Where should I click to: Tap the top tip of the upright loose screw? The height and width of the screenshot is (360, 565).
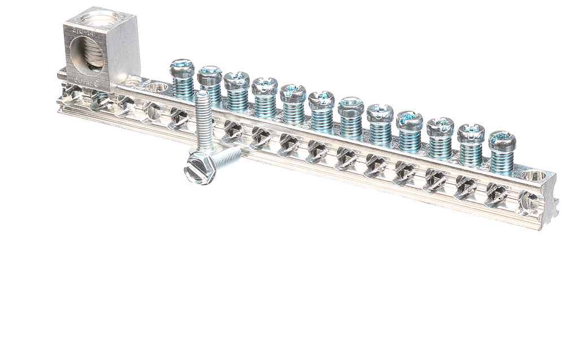[202, 96]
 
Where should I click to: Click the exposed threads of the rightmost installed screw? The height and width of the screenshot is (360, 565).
[502, 161]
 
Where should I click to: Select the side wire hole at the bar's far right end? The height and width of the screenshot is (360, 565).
[528, 201]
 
